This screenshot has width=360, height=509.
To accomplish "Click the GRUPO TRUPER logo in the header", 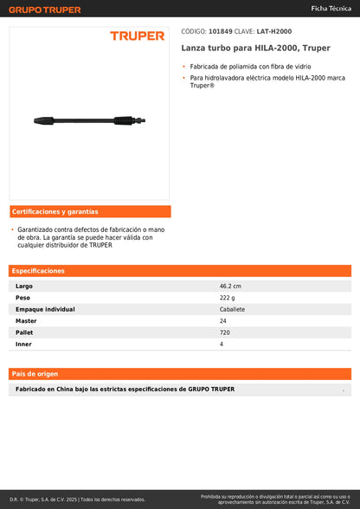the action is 45,10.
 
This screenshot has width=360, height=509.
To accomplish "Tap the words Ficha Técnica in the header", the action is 331,8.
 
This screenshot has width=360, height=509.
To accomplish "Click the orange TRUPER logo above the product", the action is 137,35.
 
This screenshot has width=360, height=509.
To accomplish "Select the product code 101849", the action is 221,31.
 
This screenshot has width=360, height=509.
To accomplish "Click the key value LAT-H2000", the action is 274,31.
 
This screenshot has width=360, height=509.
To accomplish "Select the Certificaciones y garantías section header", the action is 55,211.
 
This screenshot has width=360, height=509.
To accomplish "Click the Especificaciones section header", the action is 39,270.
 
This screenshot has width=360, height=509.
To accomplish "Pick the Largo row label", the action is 24,286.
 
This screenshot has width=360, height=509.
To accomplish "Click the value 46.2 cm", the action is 230,286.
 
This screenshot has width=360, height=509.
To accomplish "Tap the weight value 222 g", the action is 228,297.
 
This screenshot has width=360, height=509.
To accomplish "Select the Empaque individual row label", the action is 45,309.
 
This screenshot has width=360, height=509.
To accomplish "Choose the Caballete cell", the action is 232,309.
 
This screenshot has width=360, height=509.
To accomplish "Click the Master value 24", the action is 223,320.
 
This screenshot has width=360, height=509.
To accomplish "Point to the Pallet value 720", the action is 225,332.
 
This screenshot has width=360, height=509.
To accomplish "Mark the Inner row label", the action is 24,344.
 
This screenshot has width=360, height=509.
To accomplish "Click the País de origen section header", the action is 35,373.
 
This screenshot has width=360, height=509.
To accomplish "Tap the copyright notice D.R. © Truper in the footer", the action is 77,499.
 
